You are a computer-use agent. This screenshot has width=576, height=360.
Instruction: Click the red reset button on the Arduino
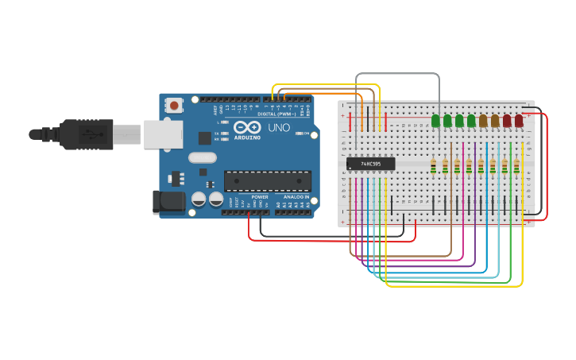pos(174,105)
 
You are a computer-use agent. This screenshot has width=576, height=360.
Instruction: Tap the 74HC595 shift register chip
pos(370,164)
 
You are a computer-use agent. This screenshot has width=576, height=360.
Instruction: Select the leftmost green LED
pos(435,120)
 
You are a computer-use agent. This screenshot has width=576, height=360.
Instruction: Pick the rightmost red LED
pos(519,120)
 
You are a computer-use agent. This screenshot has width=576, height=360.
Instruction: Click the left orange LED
pos(483,120)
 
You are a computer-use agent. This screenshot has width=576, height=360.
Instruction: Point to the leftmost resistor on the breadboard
pos(433,166)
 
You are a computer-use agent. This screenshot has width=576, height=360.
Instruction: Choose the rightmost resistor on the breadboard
pos(516,166)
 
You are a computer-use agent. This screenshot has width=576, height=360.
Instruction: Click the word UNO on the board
pos(279,128)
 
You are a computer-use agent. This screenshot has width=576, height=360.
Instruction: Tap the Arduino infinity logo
pos(247,127)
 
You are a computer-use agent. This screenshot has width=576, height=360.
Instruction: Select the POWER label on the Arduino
pos(259,196)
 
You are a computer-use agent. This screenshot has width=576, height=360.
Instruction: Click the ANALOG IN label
pos(296,196)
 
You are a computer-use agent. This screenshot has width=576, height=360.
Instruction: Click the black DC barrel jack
pos(168,201)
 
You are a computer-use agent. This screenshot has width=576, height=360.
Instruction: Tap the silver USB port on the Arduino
pos(163,134)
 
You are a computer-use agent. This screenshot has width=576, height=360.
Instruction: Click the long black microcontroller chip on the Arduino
pos(267,180)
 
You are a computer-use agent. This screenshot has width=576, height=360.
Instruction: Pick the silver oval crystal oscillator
pos(202,157)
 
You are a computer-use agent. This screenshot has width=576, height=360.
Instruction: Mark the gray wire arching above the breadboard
pos(397,74)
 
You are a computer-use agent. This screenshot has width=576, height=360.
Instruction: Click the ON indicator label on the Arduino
pos(306,134)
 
